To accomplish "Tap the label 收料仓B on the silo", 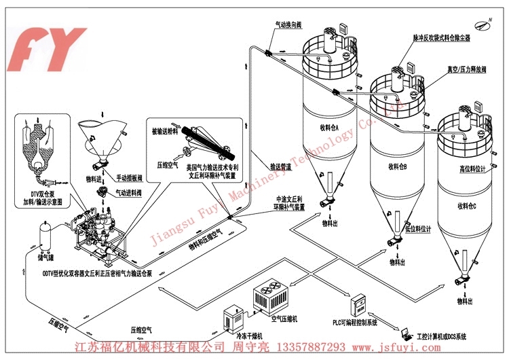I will (x=397, y=165).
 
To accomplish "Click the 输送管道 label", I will (x=281, y=165).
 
